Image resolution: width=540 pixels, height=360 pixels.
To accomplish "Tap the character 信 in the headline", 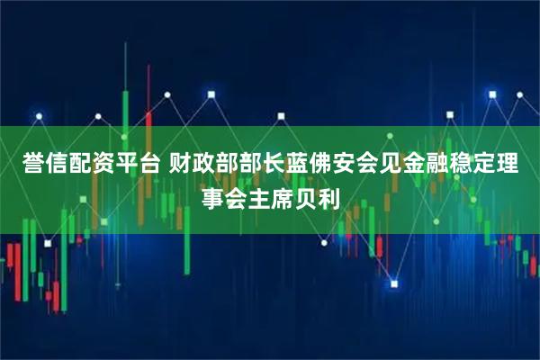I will (49, 165).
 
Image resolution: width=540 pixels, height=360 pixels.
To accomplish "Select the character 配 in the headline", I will (76, 165).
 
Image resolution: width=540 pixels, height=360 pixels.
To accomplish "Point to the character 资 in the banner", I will (102, 165).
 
